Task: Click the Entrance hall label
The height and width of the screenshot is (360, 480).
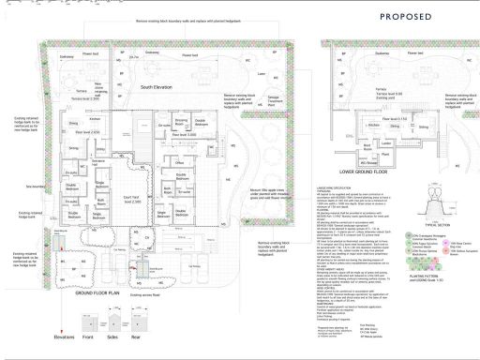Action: [98, 164]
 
